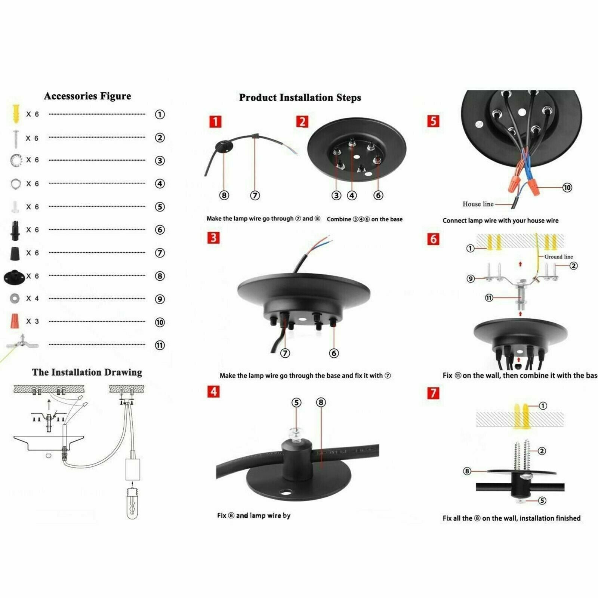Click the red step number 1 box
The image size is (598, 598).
click(x=215, y=121)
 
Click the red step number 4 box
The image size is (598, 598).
click(x=213, y=392)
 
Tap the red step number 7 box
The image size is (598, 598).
click(x=433, y=393)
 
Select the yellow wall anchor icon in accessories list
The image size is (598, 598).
click(x=16, y=114)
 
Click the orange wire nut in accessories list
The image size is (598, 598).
click(x=15, y=321)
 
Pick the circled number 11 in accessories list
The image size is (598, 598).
click(x=160, y=345)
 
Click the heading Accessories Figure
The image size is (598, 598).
click(x=87, y=96)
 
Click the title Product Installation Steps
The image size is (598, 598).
click(x=300, y=98)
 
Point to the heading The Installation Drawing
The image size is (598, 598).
click(x=87, y=372)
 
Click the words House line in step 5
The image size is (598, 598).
click(x=478, y=204)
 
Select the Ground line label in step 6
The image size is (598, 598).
click(x=558, y=257)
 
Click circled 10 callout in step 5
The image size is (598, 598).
click(x=567, y=187)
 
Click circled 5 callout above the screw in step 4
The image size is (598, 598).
click(x=296, y=403)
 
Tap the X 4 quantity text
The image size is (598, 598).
click(x=32, y=298)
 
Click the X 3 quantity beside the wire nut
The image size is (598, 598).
click(x=32, y=321)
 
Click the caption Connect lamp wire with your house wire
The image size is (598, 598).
click(x=500, y=221)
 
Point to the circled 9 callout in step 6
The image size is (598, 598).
click(x=471, y=278)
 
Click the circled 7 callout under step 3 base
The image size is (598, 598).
click(x=285, y=353)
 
